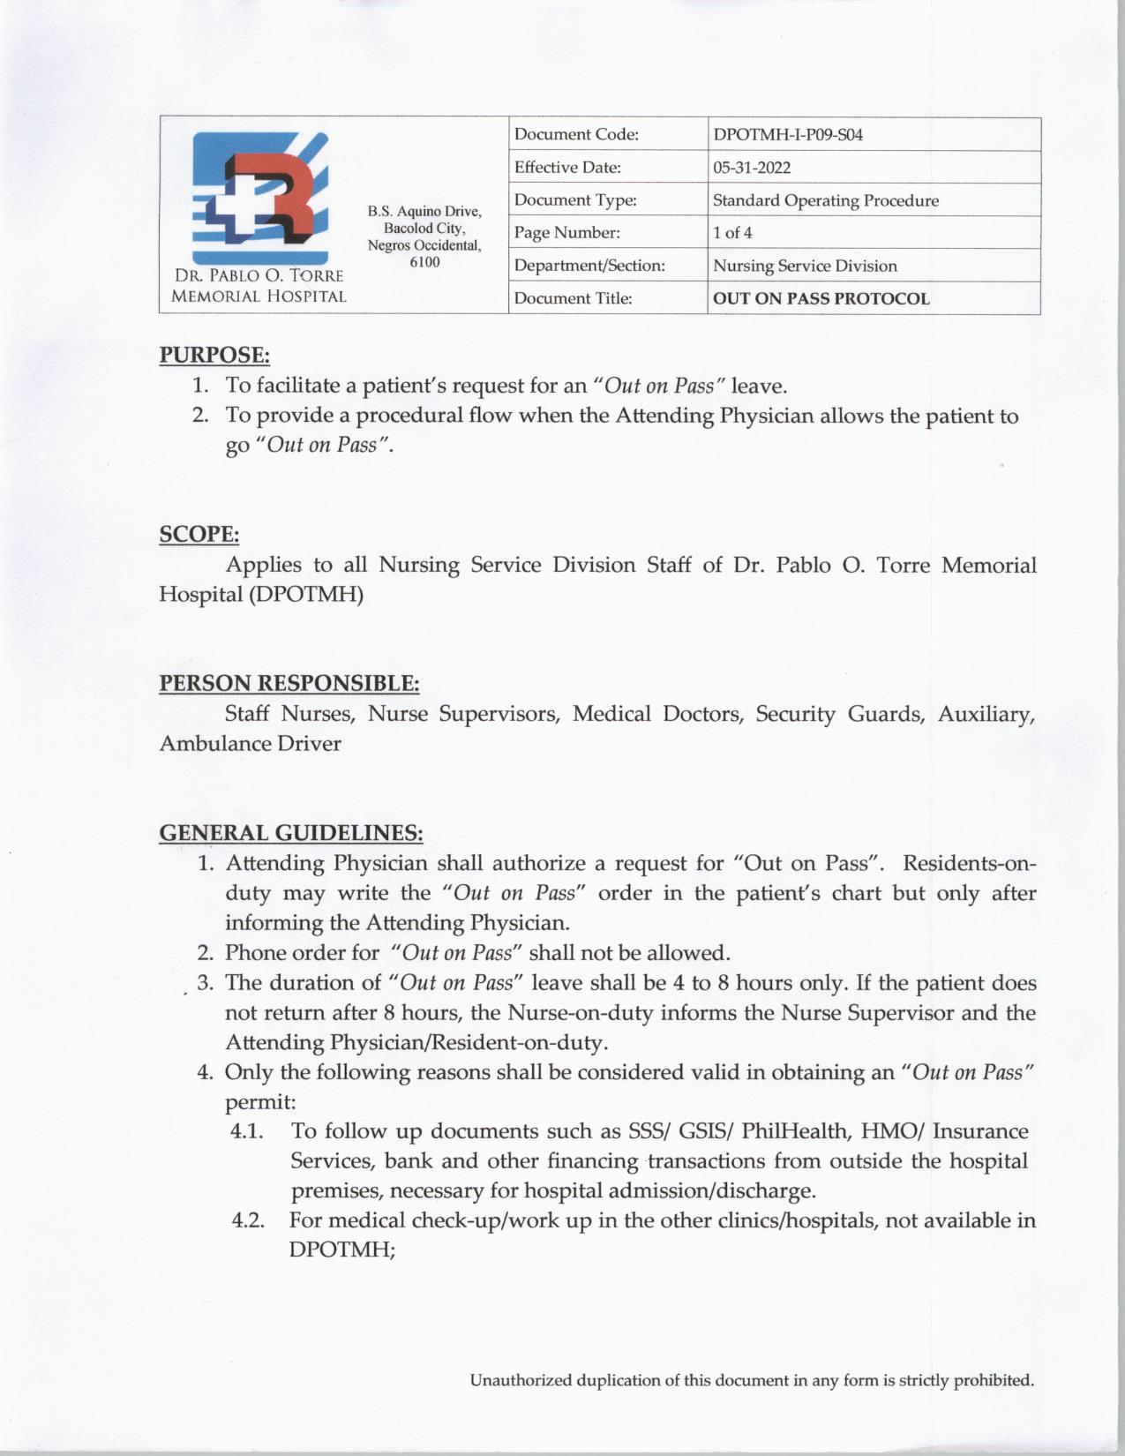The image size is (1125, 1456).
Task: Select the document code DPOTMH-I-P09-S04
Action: (x=787, y=135)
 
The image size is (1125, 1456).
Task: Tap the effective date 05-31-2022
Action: (x=752, y=168)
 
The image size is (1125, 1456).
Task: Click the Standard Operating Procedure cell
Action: (x=825, y=200)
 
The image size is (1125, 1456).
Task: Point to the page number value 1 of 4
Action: (x=732, y=233)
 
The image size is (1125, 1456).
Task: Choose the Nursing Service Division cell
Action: (x=805, y=266)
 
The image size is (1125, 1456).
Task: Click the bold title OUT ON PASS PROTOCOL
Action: (x=821, y=298)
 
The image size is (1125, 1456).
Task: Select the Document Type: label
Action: (x=575, y=200)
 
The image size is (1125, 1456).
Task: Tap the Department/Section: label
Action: (x=589, y=266)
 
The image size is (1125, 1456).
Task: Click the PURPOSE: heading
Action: (x=214, y=355)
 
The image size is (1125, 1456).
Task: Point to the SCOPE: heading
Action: (x=199, y=534)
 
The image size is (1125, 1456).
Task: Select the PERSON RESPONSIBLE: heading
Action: (x=289, y=683)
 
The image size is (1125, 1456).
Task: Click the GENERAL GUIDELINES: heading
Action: (x=291, y=833)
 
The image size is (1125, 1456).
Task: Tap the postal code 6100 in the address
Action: (x=424, y=262)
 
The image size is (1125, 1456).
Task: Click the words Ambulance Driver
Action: (x=250, y=743)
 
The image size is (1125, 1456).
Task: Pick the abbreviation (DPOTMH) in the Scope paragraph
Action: (x=305, y=594)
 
